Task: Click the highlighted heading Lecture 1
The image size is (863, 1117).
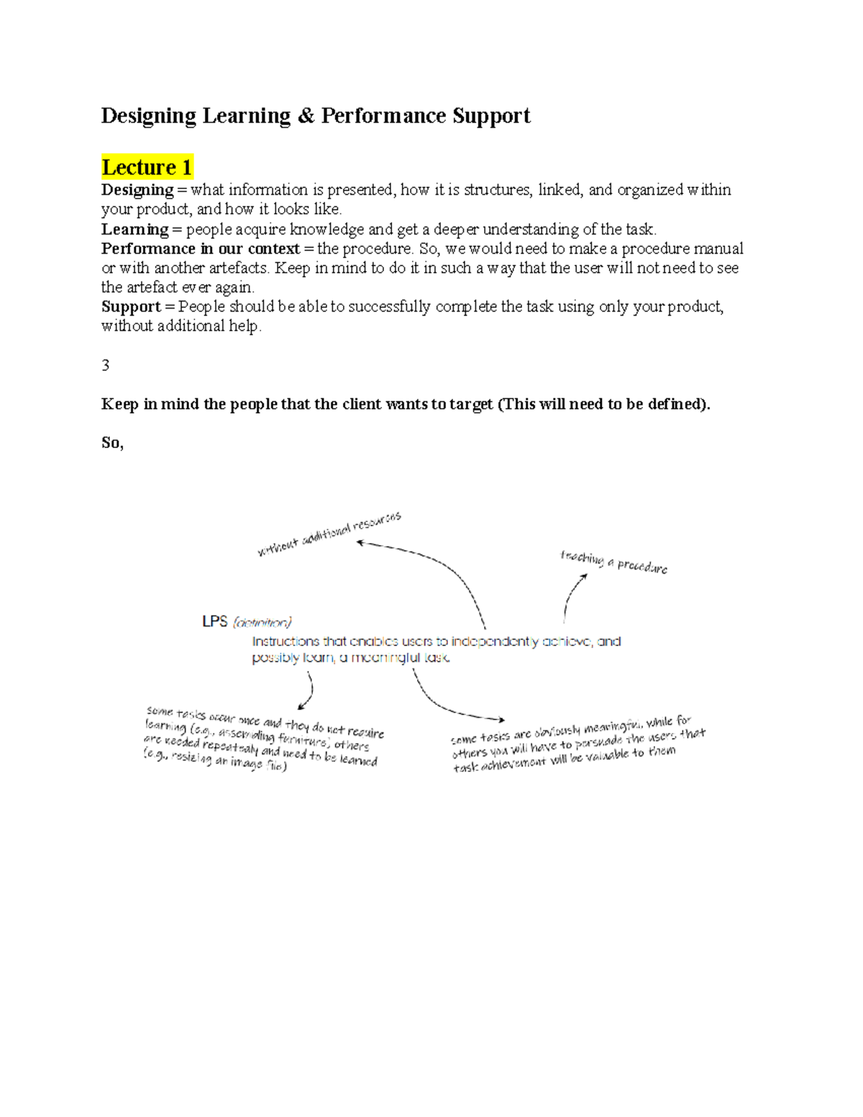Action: (x=147, y=168)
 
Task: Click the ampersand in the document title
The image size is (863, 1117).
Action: (x=306, y=116)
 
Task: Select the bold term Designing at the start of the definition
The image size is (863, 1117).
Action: (x=137, y=190)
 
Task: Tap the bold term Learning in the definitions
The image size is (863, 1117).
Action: (x=134, y=229)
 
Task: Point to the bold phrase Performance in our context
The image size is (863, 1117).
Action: (x=200, y=249)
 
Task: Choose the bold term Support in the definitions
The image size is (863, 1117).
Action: (x=131, y=307)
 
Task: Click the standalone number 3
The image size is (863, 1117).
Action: (x=106, y=365)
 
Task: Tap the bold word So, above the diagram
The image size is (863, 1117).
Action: (x=112, y=443)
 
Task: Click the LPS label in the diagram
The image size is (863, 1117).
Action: (x=214, y=621)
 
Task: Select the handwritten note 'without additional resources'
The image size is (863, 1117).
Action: (x=329, y=534)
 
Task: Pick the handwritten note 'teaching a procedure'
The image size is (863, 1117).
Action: (x=613, y=562)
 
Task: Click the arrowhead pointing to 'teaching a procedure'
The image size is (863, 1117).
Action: (x=584, y=577)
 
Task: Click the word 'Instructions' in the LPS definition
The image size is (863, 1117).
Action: (x=286, y=642)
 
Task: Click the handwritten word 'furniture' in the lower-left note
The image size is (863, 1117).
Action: (x=300, y=739)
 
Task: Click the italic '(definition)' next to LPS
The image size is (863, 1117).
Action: (x=262, y=622)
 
